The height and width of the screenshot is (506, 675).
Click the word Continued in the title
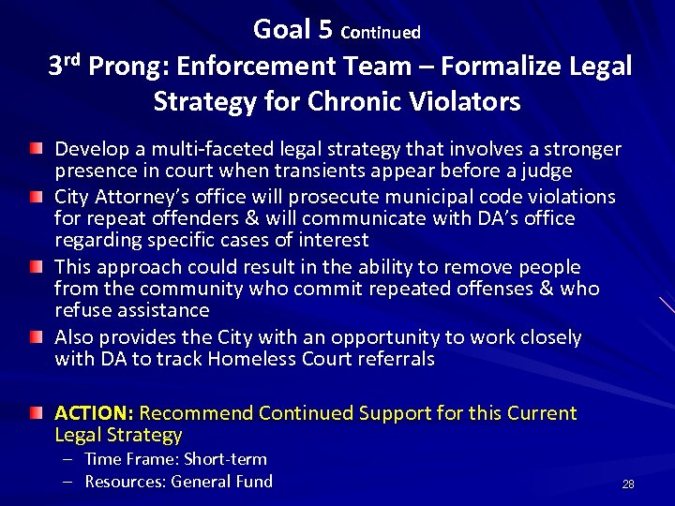pyautogui.click(x=381, y=33)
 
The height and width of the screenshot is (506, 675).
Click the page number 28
pyautogui.click(x=628, y=484)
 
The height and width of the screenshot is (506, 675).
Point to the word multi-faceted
pyautogui.click(x=187, y=149)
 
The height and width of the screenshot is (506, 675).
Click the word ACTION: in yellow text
pyautogui.click(x=95, y=413)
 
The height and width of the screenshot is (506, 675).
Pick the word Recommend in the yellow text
pyautogui.click(x=196, y=413)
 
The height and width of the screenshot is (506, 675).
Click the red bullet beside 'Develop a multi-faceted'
pyautogui.click(x=35, y=150)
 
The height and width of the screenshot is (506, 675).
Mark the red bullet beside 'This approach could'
pyautogui.click(x=35, y=267)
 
